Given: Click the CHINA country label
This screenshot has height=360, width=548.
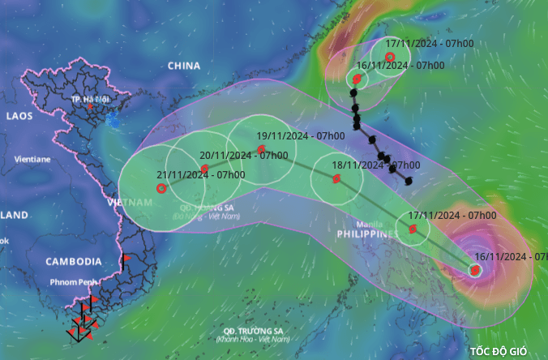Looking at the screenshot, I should click(x=184, y=65).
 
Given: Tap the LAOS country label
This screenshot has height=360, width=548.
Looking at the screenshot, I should click(x=19, y=116).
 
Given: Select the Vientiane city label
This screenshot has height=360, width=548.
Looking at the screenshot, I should click(x=32, y=160).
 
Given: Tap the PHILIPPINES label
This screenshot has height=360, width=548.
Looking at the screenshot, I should click(x=366, y=234).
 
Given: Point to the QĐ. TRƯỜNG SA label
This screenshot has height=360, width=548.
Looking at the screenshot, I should click(x=255, y=331).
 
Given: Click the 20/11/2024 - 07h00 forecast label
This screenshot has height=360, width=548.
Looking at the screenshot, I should click(x=245, y=156).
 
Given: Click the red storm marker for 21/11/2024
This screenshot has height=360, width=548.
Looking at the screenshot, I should click(x=161, y=188).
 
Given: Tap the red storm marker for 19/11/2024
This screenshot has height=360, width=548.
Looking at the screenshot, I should click(x=261, y=150).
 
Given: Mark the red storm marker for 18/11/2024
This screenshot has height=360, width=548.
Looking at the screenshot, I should click(x=336, y=178).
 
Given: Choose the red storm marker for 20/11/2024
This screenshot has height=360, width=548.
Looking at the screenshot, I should click(x=204, y=169).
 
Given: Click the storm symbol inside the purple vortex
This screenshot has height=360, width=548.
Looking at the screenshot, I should click(x=475, y=271).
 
